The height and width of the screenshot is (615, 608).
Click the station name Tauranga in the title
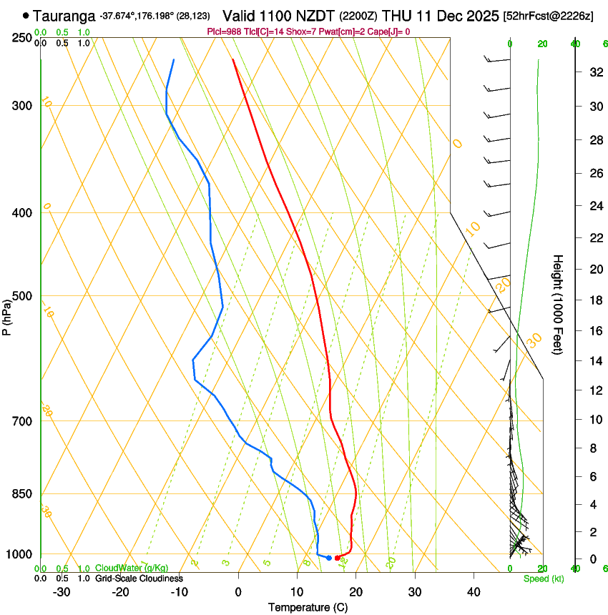pos(64,15)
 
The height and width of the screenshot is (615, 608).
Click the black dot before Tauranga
pos(26,15)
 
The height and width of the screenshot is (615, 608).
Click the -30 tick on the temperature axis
pos(62,591)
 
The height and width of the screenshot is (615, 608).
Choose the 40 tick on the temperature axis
pos(474,591)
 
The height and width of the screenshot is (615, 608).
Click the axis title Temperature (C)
pos(308,607)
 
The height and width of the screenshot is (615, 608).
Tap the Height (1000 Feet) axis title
pos(558,304)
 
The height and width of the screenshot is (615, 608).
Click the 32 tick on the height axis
pos(595,72)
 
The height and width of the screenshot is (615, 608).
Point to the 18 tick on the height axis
pos(595,300)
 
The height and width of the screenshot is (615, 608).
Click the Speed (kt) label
pos(543,579)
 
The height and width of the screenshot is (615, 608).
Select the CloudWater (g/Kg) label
pos(132,568)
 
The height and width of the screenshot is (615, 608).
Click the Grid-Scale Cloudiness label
pos(139,578)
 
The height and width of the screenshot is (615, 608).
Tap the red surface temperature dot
pos(338,558)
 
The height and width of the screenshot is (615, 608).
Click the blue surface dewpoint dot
pos(329,558)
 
